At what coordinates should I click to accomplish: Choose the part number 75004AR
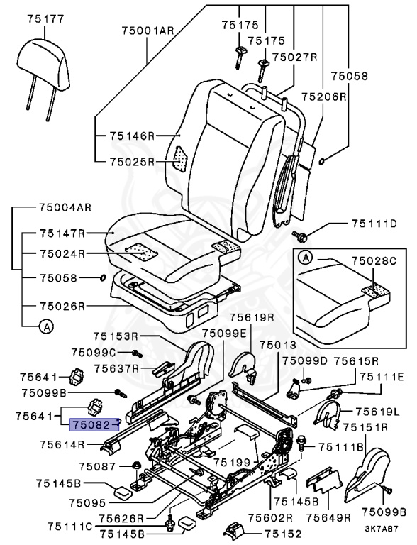[65, 209]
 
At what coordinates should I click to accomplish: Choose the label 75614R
[62, 445]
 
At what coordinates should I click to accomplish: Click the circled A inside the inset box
[304, 257]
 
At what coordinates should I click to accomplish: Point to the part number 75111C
[71, 526]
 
